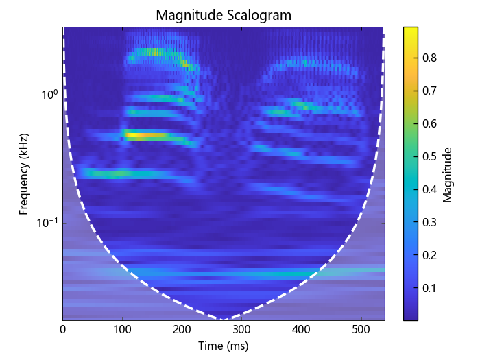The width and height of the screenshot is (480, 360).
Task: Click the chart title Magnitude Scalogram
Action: pyautogui.click(x=224, y=14)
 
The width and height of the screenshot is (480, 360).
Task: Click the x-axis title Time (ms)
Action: pyautogui.click(x=224, y=346)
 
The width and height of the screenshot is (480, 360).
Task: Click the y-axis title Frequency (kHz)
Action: pyautogui.click(x=23, y=173)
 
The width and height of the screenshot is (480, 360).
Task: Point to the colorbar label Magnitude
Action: pyautogui.click(x=447, y=174)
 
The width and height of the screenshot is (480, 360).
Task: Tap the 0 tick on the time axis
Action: pyautogui.click(x=63, y=329)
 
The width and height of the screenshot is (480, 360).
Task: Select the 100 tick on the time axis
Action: pyautogui.click(x=123, y=329)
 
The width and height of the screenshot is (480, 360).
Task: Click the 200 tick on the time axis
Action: pyautogui.click(x=182, y=329)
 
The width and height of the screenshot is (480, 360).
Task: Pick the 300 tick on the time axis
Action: pyautogui.click(x=242, y=329)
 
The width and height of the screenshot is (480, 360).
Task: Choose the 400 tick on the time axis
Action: pyautogui.click(x=302, y=329)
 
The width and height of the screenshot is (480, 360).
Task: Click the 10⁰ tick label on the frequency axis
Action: pyautogui.click(x=49, y=94)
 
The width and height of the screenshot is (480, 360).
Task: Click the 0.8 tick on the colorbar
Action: pyautogui.click(x=430, y=58)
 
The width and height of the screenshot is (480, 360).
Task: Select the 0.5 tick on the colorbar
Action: pyautogui.click(x=430, y=156)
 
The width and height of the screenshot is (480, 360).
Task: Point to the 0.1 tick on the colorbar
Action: pyautogui.click(x=430, y=287)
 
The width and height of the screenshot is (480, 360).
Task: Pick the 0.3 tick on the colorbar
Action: pyautogui.click(x=430, y=222)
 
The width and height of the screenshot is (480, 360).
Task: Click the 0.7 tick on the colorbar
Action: pyautogui.click(x=430, y=91)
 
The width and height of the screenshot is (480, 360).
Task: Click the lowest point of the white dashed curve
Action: pyautogui.click(x=223, y=319)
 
